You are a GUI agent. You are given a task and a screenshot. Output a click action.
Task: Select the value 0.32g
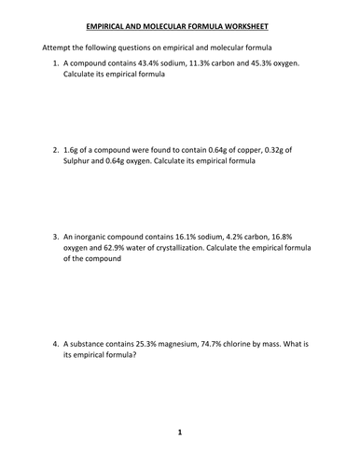(304, 148)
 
